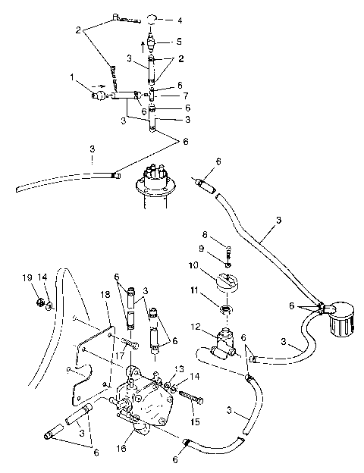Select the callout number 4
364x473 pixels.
[x=180, y=20]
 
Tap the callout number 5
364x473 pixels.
[x=180, y=41]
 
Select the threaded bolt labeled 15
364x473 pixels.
[x=190, y=396]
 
